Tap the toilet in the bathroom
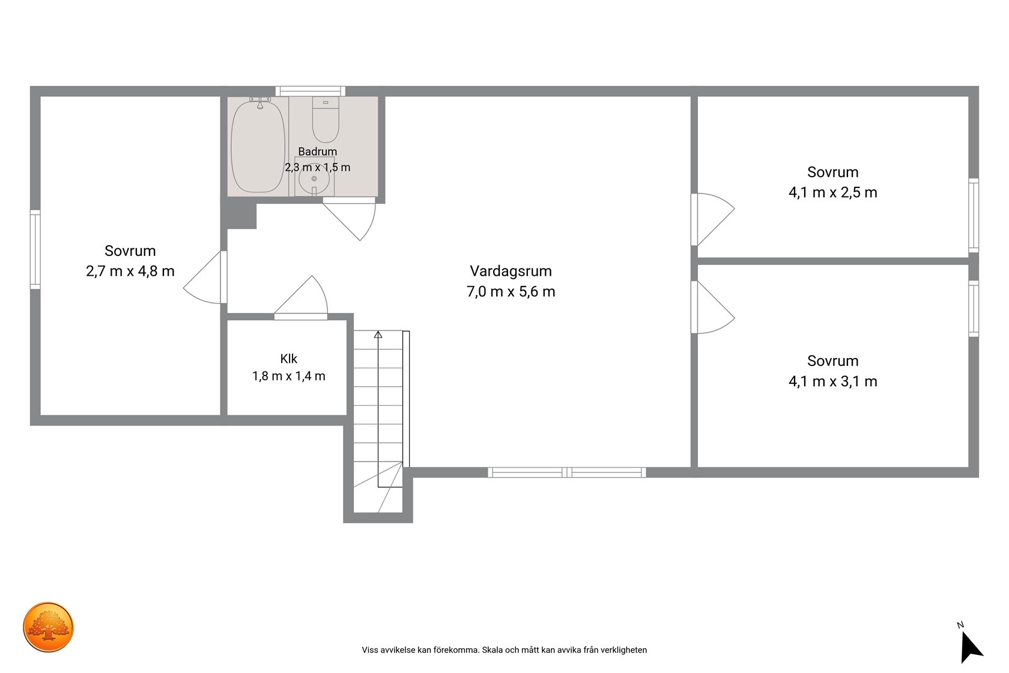coord(326,120)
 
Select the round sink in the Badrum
coord(314,179)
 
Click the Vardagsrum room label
coord(511,271)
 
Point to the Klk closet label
coord(289,359)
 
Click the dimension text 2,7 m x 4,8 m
coord(130,272)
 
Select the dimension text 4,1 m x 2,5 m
coord(833,193)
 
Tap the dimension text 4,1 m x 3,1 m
coord(833,382)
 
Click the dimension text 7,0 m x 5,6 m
coord(511,292)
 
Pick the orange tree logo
coord(48,627)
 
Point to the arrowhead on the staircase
coord(378,335)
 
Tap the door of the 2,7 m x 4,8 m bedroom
coord(205,277)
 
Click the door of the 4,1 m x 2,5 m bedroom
coord(712,219)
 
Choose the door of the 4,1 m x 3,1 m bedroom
coord(712,308)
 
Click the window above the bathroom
coord(311,91)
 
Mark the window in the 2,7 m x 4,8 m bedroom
coord(35,249)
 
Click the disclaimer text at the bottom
coord(504,650)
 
